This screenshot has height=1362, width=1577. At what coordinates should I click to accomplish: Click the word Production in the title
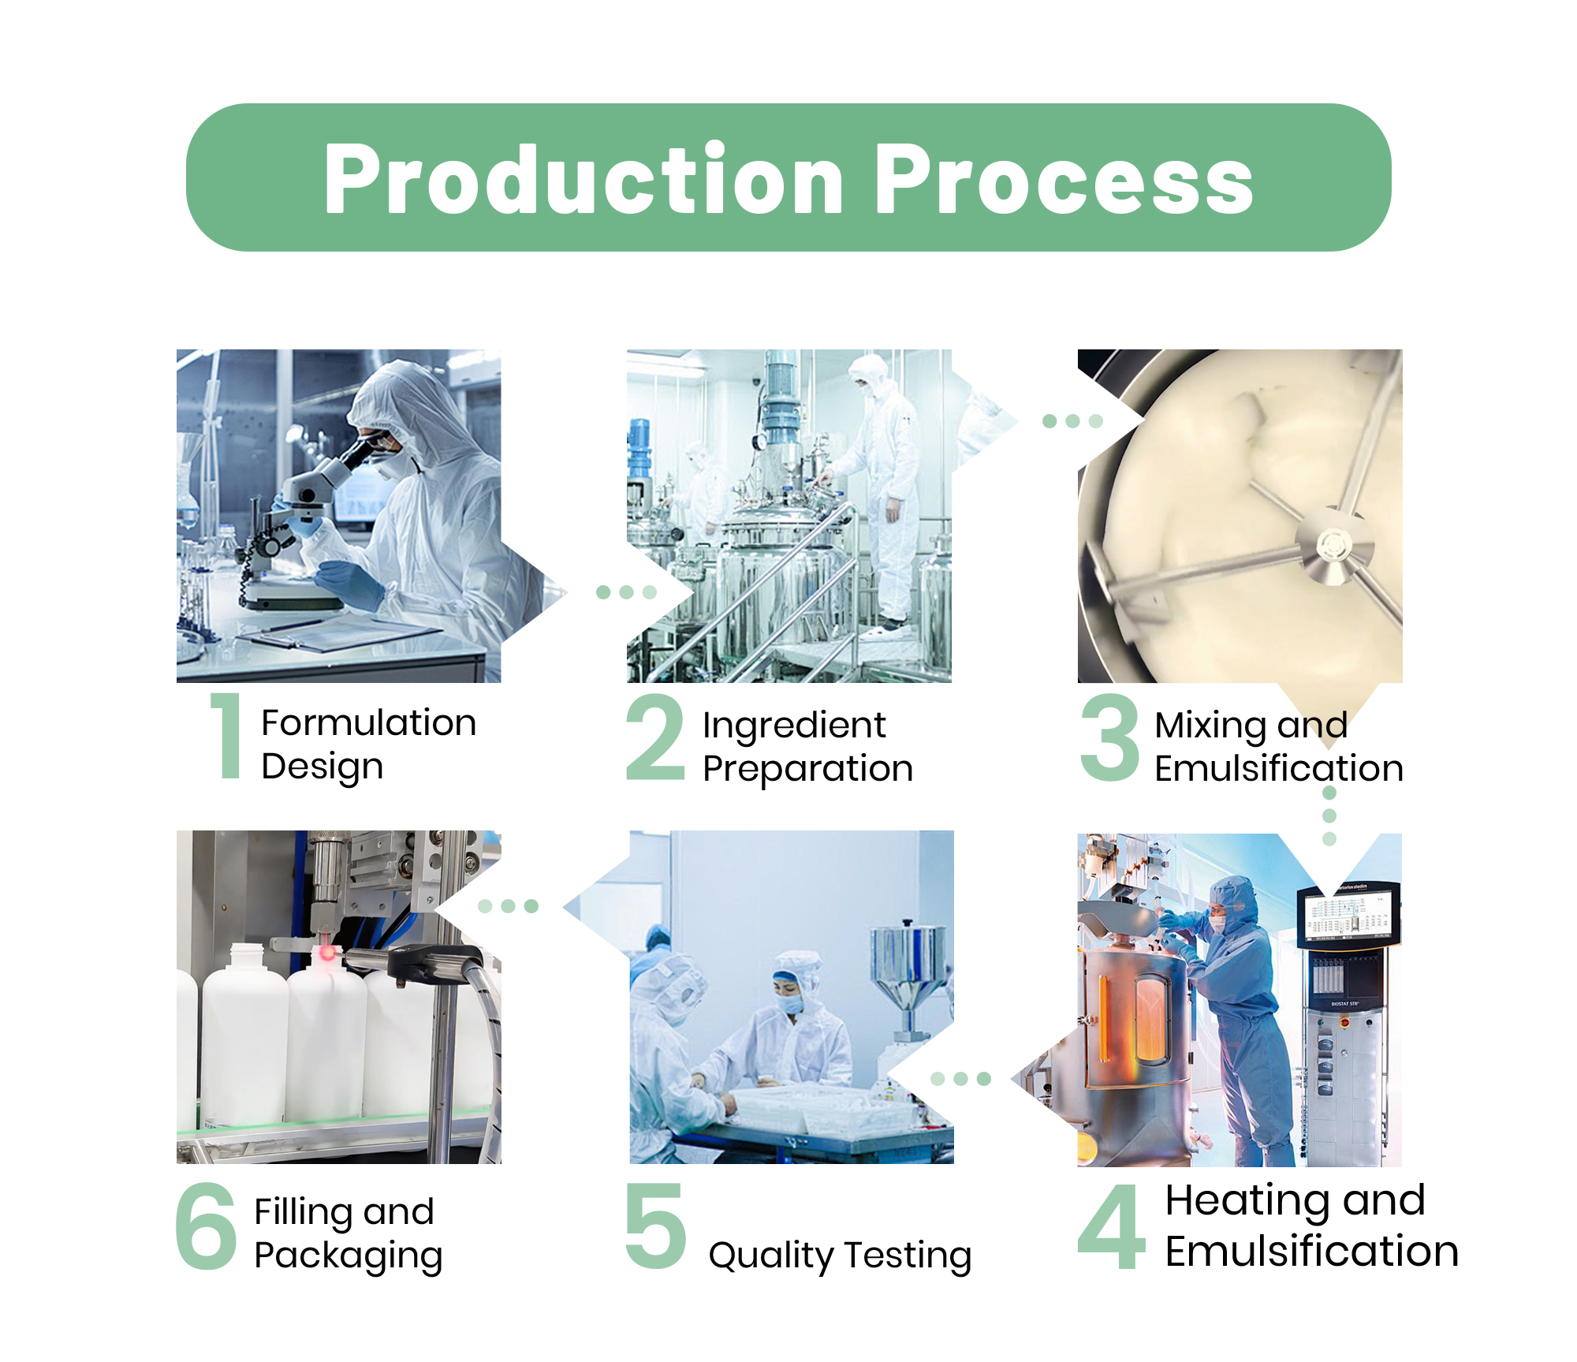584,179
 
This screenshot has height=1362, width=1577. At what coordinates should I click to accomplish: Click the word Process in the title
1064,179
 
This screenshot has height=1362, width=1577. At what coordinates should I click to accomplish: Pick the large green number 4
1111,1226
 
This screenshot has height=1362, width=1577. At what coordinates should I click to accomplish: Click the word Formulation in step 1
368,722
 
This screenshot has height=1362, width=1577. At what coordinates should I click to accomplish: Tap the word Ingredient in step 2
794,726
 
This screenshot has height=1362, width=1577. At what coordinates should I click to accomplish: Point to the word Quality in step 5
770,1256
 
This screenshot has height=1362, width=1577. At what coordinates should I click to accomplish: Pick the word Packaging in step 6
348,1256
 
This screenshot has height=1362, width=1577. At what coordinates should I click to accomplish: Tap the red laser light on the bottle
326,953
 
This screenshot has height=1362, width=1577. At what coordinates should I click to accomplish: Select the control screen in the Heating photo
1348,915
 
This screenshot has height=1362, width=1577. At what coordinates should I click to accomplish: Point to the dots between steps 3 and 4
1329,815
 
